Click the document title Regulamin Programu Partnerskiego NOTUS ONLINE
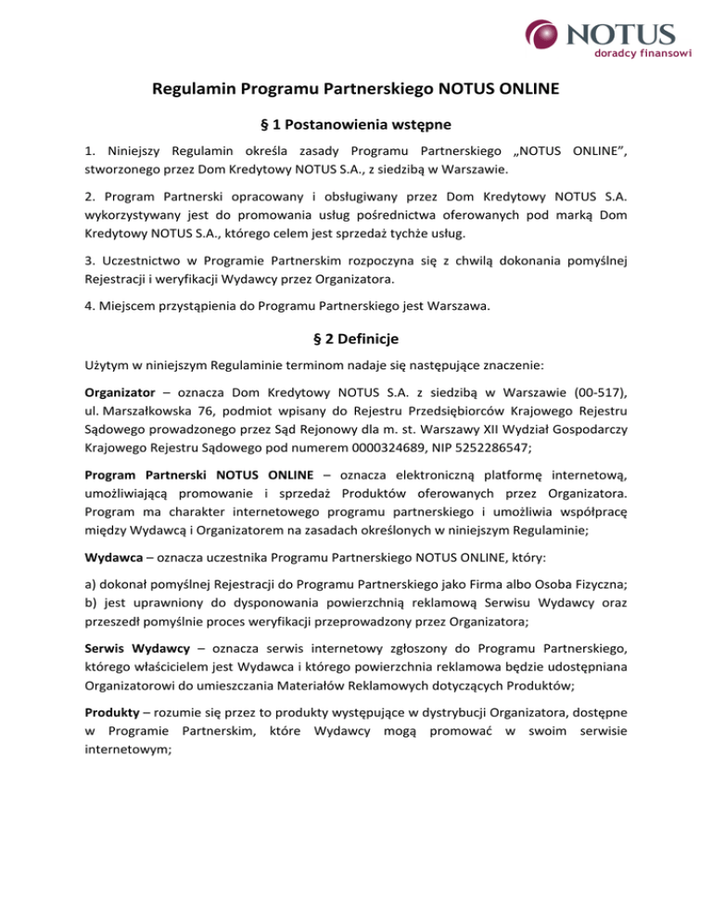click(x=356, y=90)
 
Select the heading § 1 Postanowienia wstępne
click(x=356, y=125)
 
